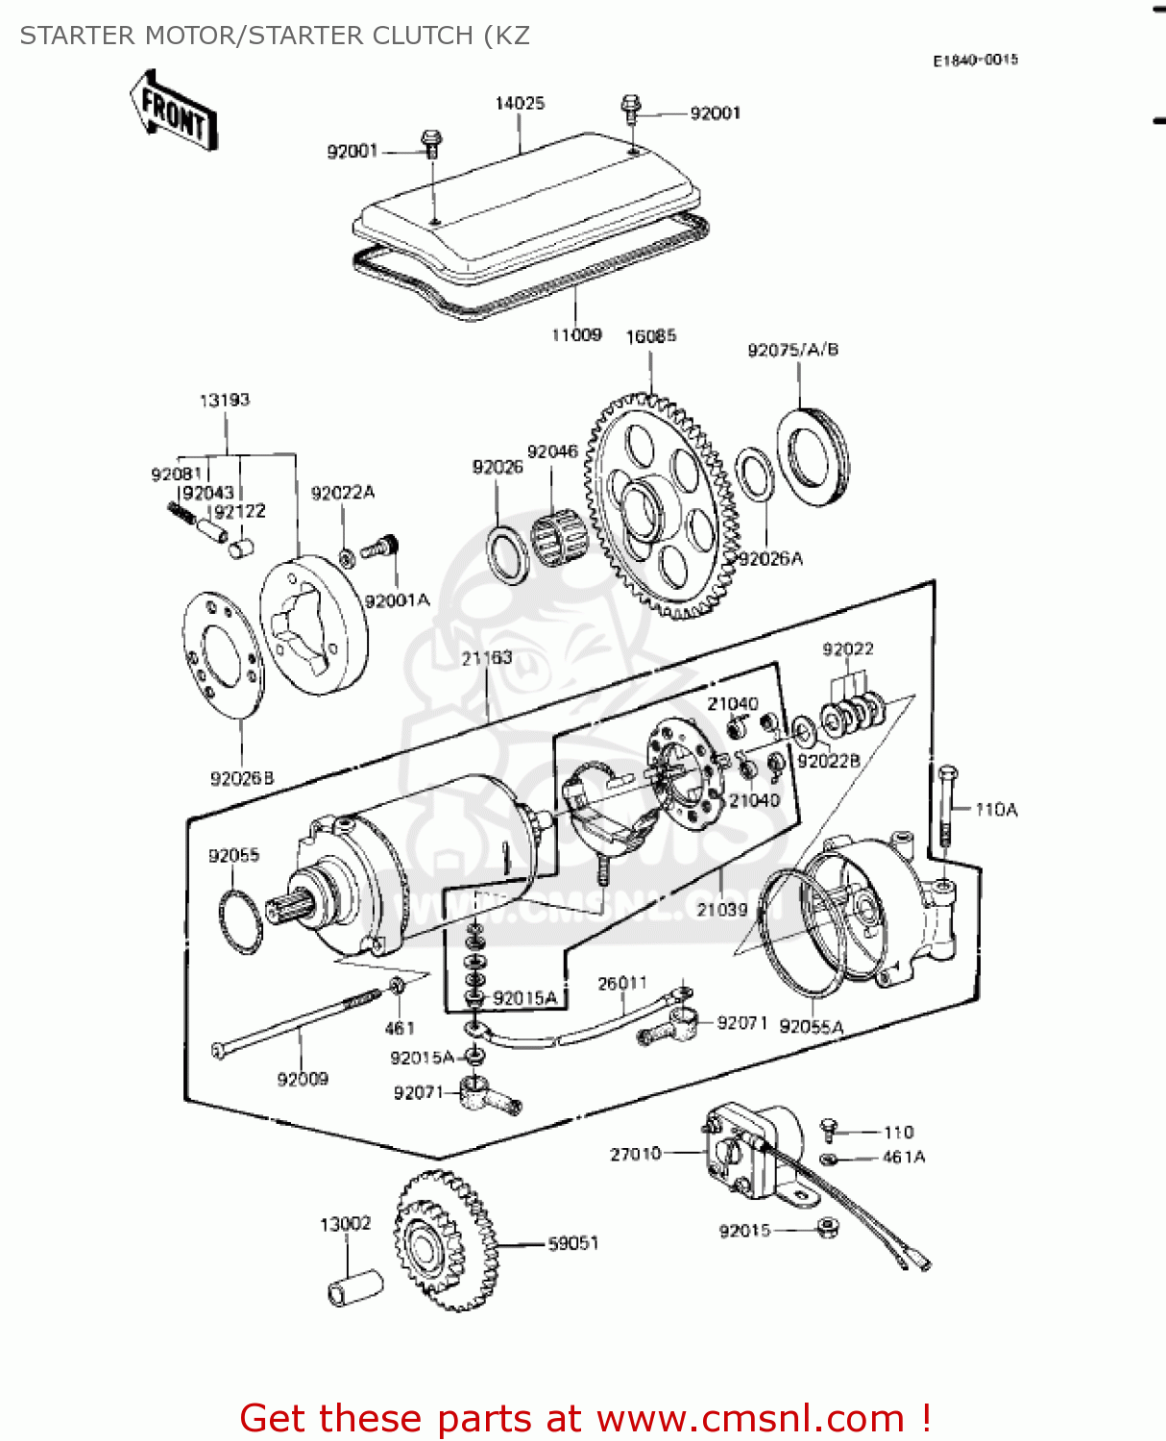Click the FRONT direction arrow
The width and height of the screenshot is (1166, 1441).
tap(174, 110)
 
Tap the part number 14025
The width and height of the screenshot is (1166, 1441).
tap(520, 104)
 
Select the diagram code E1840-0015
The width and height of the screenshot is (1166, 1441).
tap(975, 61)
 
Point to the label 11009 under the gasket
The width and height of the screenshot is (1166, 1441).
tap(576, 335)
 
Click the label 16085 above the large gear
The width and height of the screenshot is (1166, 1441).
tap(650, 336)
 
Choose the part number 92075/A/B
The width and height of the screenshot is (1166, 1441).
tap(792, 350)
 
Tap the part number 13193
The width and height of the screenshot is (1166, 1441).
tap(225, 400)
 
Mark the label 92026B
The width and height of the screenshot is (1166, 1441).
tap(242, 779)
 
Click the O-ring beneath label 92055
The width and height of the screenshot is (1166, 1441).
tap(240, 922)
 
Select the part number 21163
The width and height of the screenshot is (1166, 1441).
tap(487, 658)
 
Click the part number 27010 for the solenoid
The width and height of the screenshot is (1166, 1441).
tap(635, 1154)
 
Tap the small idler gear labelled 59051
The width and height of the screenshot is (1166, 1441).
tap(446, 1241)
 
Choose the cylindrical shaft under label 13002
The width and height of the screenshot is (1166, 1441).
tap(354, 1289)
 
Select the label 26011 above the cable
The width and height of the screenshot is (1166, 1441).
tap(622, 983)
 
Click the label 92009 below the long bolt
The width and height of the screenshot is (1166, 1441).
tap(303, 1079)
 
